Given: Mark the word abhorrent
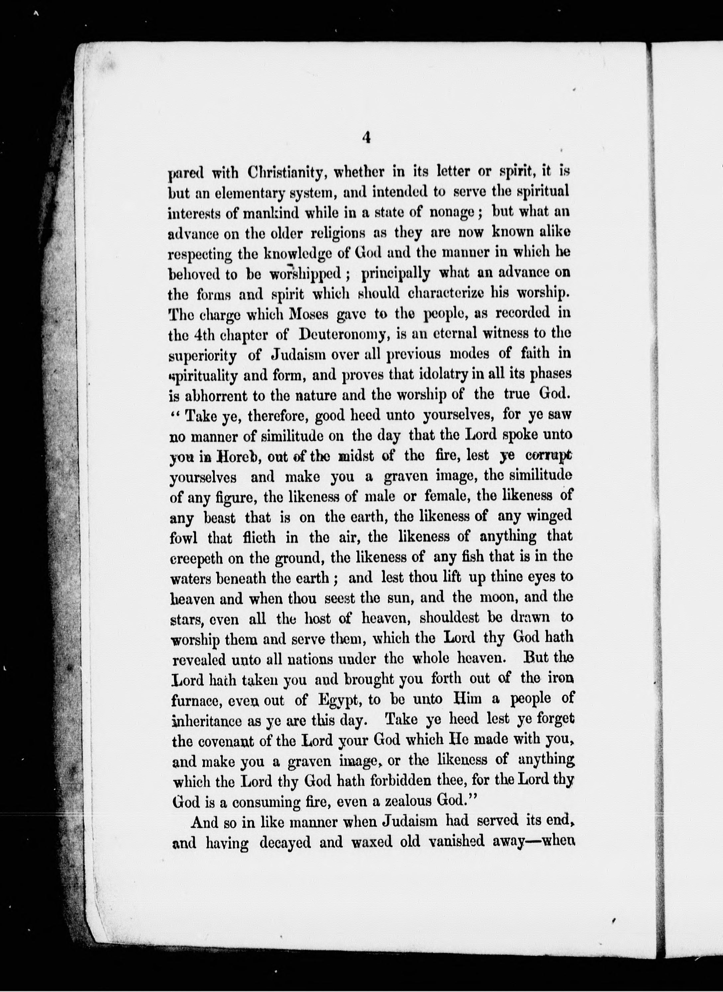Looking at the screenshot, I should pyautogui.click(x=214, y=395).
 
